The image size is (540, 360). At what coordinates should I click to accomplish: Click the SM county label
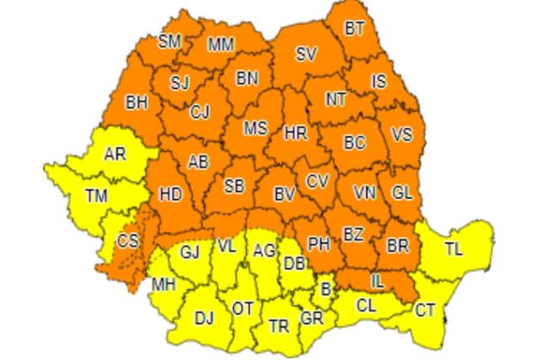tap(168, 40)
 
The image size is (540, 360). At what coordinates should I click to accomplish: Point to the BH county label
tap(137, 103)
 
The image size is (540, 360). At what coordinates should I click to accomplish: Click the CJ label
tap(201, 112)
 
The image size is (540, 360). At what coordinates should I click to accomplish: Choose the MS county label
tap(256, 129)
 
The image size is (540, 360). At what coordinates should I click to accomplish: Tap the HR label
tap(295, 132)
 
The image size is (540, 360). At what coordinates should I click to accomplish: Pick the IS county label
tap(379, 82)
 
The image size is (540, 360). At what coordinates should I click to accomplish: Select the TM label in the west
tap(94, 194)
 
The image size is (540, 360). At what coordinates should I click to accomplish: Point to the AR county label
tap(115, 154)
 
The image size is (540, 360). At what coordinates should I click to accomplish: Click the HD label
tap(169, 193)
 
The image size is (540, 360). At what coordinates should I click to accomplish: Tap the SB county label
tap(234, 186)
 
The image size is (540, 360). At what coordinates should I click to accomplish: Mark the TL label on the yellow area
tap(454, 248)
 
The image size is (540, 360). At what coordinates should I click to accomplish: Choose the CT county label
tap(425, 310)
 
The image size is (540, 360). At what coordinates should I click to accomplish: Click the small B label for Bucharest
tap(325, 289)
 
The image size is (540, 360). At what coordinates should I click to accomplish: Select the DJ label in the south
tap(204, 317)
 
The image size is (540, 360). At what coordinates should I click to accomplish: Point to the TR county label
tap(279, 327)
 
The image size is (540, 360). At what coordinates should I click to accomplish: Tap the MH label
tap(163, 286)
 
